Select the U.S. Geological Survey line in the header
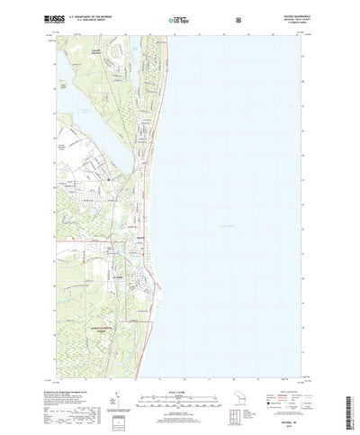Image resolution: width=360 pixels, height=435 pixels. (100, 19)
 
